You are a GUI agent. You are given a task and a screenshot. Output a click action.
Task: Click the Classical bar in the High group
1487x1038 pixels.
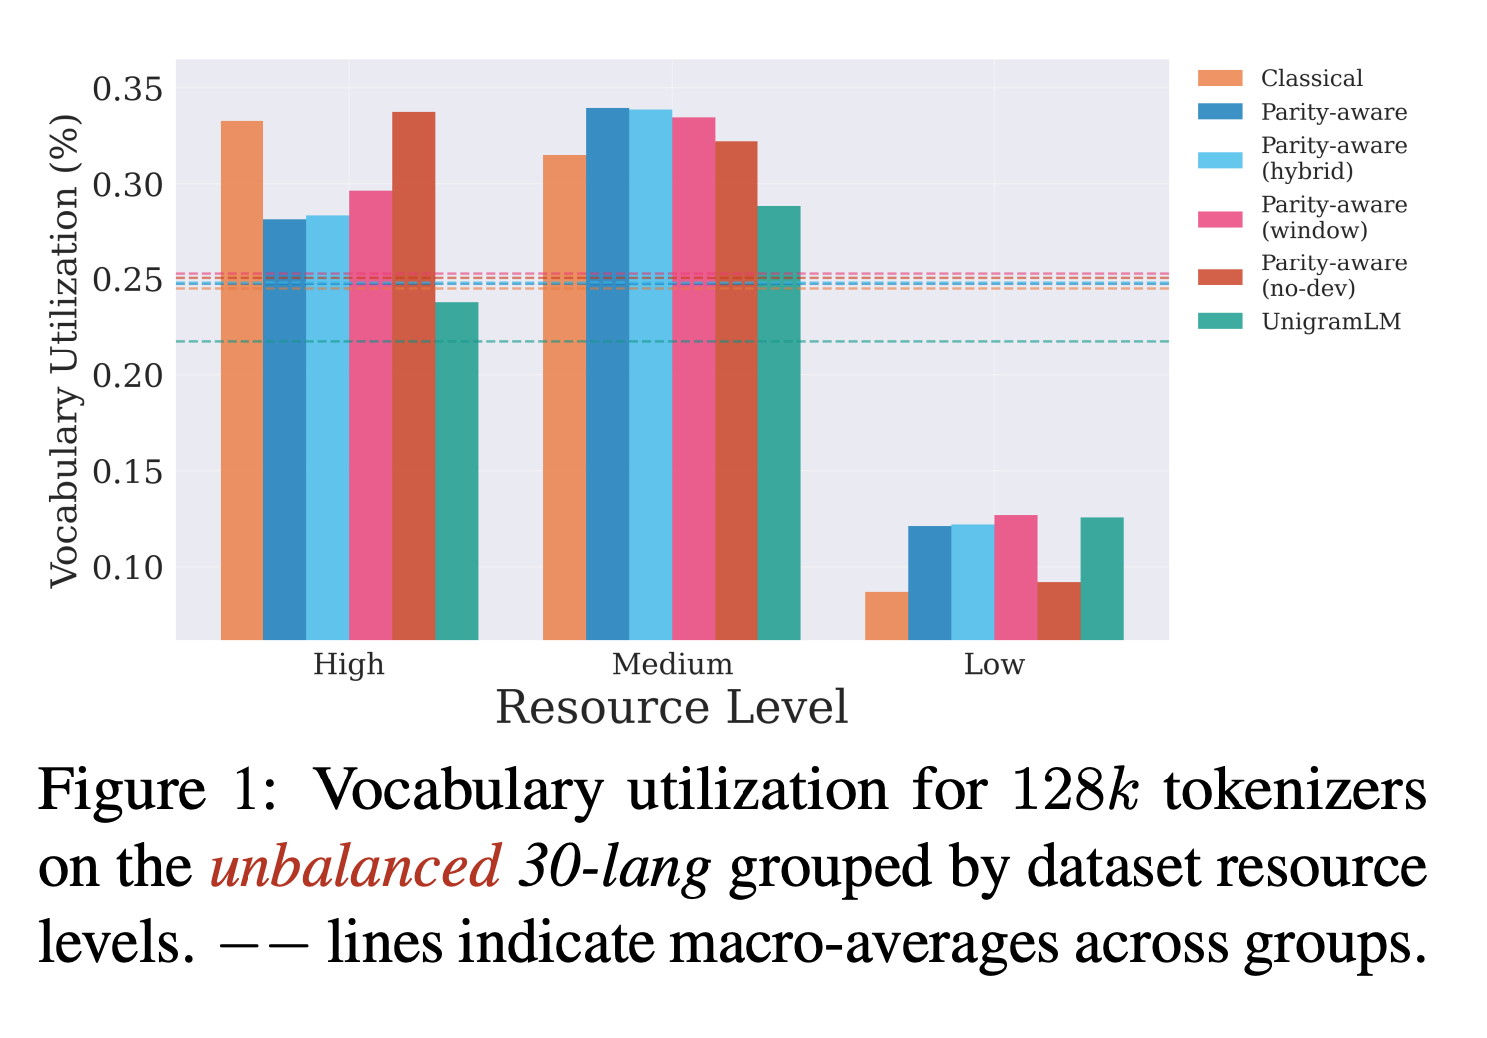point(242,379)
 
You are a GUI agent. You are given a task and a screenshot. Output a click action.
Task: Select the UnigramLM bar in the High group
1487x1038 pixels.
point(456,470)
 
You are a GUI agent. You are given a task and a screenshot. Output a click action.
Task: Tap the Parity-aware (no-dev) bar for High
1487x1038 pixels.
point(413,374)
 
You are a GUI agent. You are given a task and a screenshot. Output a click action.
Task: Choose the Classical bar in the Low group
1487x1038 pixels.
point(886,615)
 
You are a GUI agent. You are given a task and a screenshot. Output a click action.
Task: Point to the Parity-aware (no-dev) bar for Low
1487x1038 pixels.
point(1058,610)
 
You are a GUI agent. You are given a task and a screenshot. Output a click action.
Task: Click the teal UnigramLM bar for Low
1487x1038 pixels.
point(1101,578)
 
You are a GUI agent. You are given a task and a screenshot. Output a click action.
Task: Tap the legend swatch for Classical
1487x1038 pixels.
point(1220,78)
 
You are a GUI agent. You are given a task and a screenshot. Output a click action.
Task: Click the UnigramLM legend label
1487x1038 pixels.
point(1330,321)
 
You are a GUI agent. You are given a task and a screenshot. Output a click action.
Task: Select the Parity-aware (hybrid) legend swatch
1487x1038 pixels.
point(1220,159)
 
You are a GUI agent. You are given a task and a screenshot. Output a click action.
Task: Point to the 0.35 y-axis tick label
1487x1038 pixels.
point(126,89)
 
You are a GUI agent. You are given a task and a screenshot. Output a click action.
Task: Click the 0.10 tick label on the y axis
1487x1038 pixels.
point(126,567)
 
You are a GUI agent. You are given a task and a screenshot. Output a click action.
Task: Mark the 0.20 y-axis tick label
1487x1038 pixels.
point(126,376)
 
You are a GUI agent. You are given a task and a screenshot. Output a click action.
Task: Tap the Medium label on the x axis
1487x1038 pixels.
point(672,664)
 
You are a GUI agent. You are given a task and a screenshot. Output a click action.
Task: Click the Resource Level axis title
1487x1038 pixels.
point(672,707)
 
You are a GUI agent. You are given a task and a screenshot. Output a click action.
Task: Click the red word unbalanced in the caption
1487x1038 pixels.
point(354,866)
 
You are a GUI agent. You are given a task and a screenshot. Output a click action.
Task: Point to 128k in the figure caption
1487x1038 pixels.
point(1074,790)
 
